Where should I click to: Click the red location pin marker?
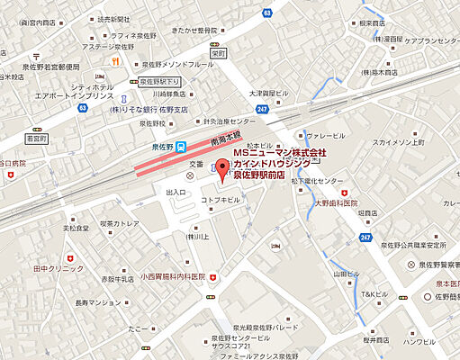(225, 168)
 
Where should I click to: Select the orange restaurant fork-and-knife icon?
(116, 61)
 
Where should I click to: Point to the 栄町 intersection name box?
(217, 53)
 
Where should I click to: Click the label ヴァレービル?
(323, 135)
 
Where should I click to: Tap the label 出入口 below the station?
(175, 192)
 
